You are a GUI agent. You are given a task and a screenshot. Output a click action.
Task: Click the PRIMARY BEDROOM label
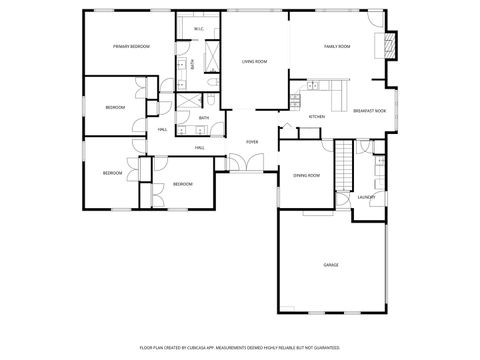point(131,47)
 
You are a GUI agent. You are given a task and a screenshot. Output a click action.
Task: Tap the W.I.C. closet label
point(199,29)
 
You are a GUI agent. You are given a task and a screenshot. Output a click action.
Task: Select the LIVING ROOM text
point(254,62)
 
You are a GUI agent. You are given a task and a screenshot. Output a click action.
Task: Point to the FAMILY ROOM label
point(337,47)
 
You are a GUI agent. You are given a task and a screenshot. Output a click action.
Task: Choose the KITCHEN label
point(317,117)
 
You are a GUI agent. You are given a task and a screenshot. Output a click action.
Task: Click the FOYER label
point(253,142)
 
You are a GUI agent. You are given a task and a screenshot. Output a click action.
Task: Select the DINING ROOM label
point(306,175)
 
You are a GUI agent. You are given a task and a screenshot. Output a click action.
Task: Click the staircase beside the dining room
point(345,163)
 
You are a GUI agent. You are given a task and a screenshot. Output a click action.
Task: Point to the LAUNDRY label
point(366,196)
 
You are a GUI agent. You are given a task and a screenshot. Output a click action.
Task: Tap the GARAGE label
point(330,265)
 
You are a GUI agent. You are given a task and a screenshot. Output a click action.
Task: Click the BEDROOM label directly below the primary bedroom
point(115,107)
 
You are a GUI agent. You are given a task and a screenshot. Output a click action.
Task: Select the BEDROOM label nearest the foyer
point(182,184)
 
